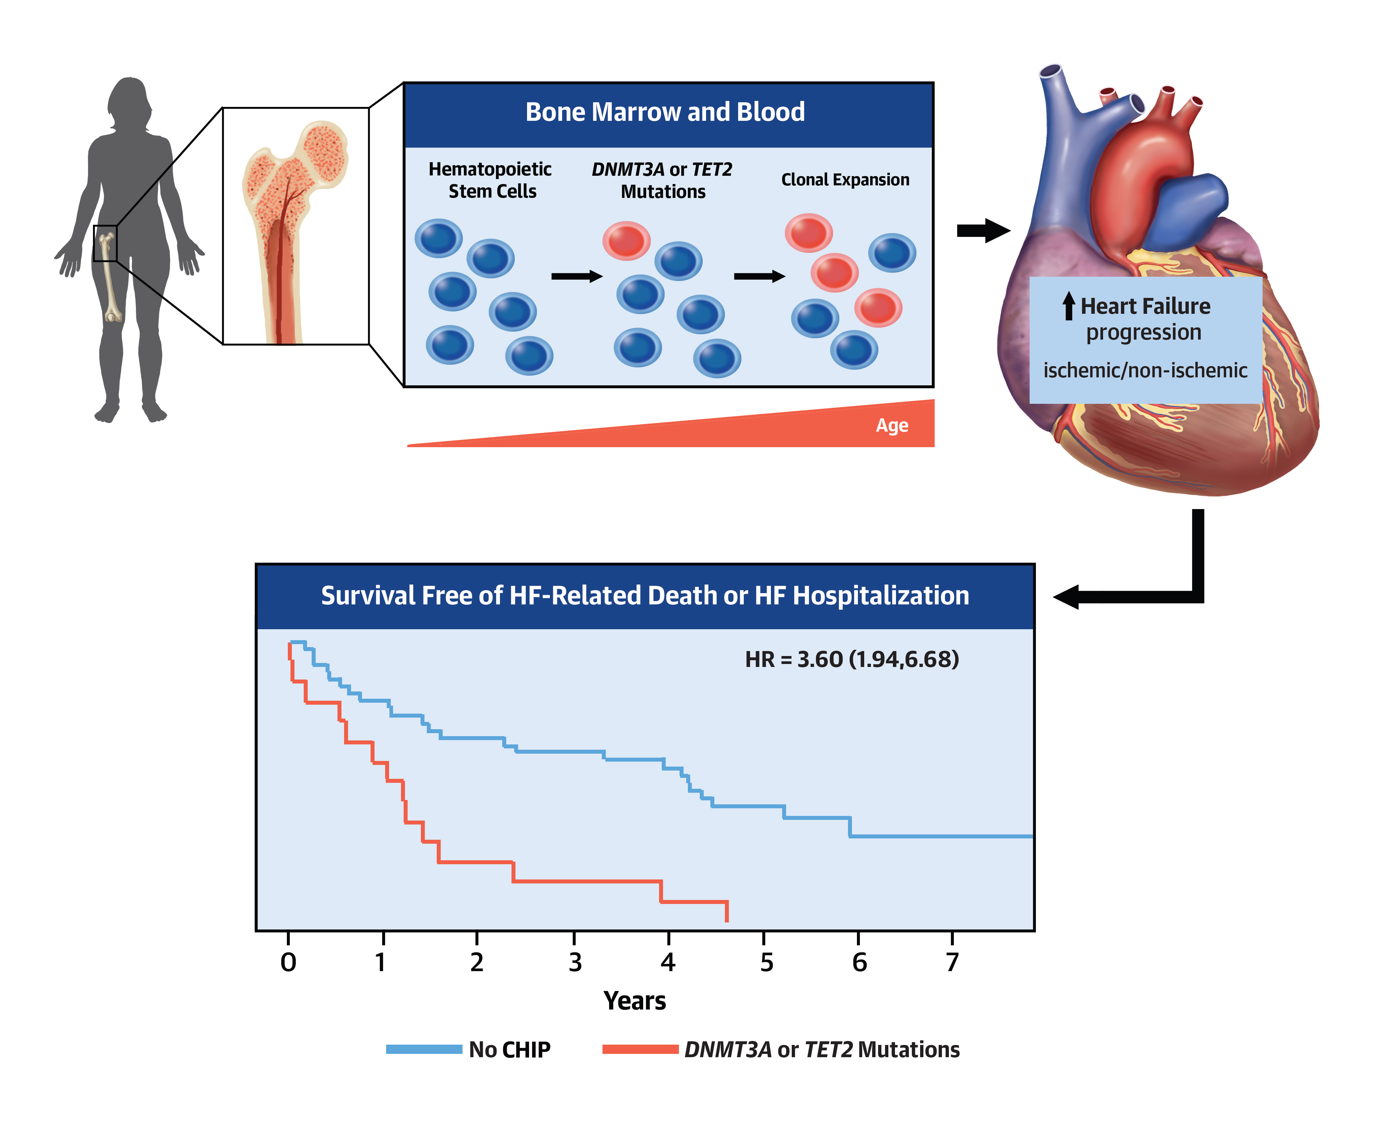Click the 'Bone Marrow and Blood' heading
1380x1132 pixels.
click(x=665, y=112)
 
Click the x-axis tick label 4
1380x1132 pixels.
click(x=668, y=962)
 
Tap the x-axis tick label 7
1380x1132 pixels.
click(x=953, y=962)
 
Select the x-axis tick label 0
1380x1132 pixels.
click(x=288, y=962)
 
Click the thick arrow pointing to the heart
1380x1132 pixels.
click(x=983, y=230)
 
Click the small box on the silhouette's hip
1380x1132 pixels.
click(x=105, y=243)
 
